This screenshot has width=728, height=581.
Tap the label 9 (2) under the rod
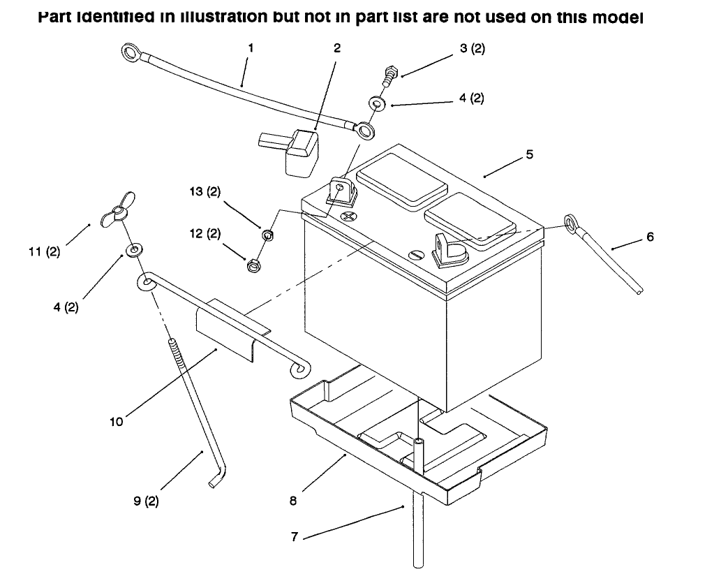pyautogui.click(x=146, y=501)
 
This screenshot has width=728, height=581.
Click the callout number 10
pyautogui.click(x=116, y=421)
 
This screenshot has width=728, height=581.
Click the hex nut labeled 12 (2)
pyautogui.click(x=253, y=265)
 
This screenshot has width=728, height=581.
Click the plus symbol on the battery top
pyautogui.click(x=348, y=216)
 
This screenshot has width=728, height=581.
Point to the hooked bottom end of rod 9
pyautogui.click(x=215, y=481)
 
